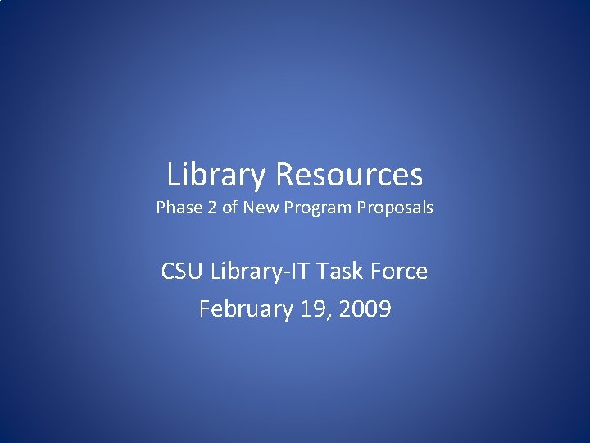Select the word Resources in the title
pyautogui.click(x=349, y=175)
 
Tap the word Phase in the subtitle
pyautogui.click(x=178, y=208)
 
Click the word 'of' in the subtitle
pyautogui.click(x=229, y=208)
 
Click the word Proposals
pyautogui.click(x=395, y=208)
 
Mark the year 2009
pyautogui.click(x=365, y=309)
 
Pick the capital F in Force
pyautogui.click(x=381, y=271)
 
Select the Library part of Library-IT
pyautogui.click(x=249, y=271)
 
